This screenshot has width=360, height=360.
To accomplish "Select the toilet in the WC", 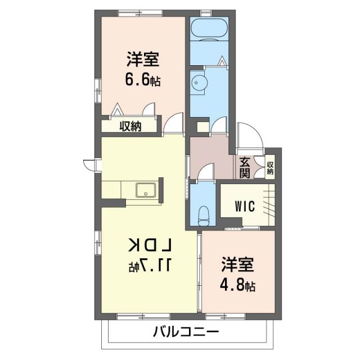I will (x=205, y=213).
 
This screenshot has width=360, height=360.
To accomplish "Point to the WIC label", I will (x=245, y=206).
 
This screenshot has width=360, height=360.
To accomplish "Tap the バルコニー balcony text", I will (x=186, y=332).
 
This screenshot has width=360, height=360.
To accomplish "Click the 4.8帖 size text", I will (x=237, y=285).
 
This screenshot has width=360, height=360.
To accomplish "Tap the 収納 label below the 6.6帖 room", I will (x=129, y=126).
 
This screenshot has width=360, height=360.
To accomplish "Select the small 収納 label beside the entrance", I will (x=270, y=168).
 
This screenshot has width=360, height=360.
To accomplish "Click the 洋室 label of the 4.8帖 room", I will (x=237, y=263).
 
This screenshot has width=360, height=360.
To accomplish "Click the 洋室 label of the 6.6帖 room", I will (x=142, y=58).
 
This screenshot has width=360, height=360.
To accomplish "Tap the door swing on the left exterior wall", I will (x=89, y=164).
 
